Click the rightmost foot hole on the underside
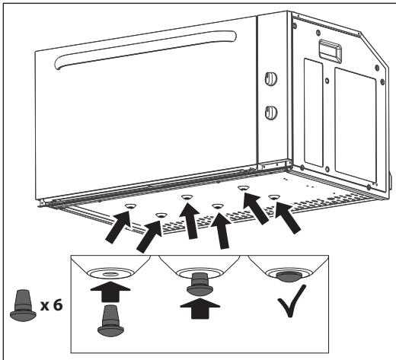click(274, 197)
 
